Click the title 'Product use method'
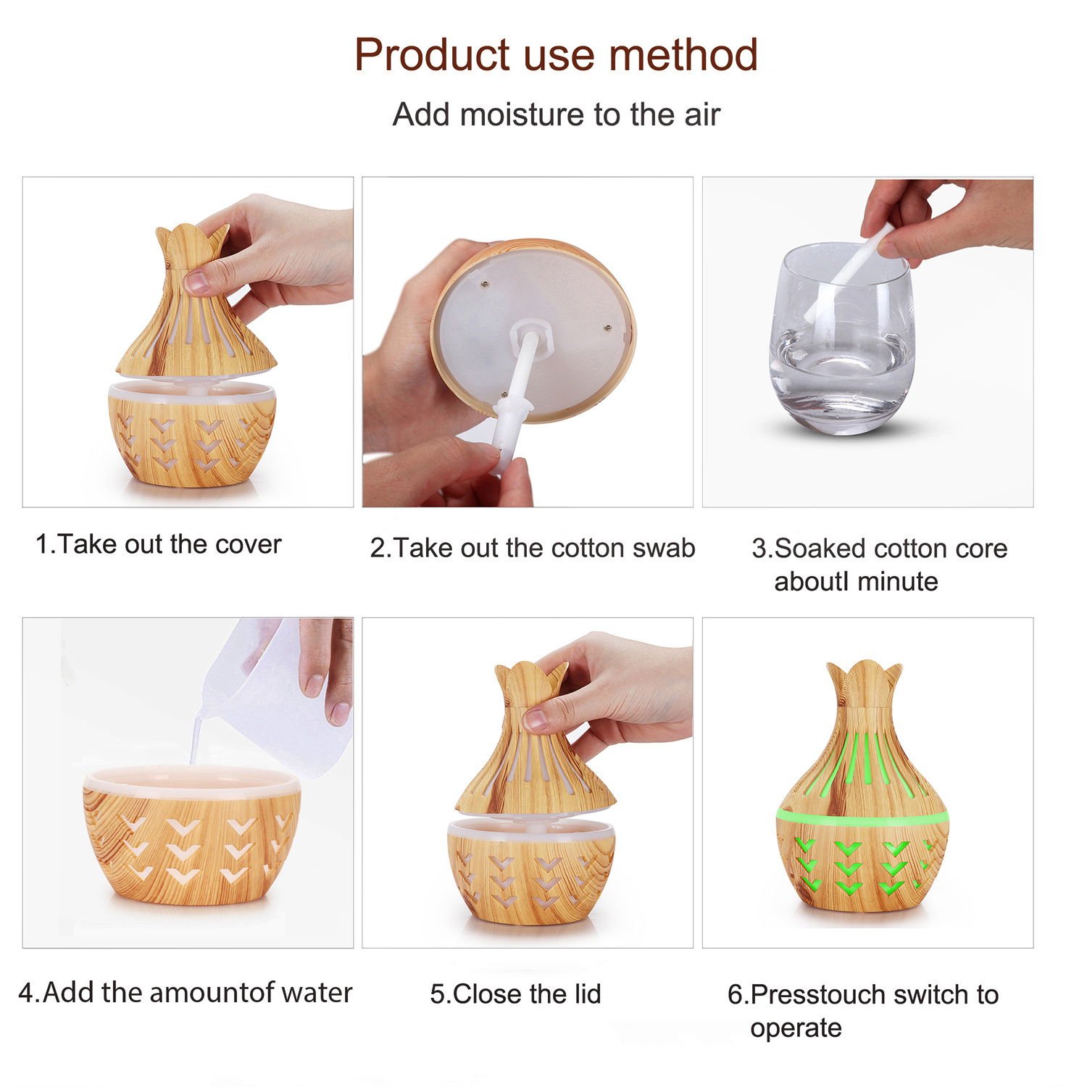click(556, 54)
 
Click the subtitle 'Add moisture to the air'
click(556, 114)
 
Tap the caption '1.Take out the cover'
click(158, 544)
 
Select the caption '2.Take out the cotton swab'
click(533, 548)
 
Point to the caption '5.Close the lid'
click(515, 994)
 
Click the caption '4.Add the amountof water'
click(185, 992)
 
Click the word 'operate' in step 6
click(796, 1029)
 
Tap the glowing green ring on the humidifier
click(862, 817)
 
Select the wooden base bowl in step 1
click(192, 433)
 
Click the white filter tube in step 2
click(515, 396)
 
